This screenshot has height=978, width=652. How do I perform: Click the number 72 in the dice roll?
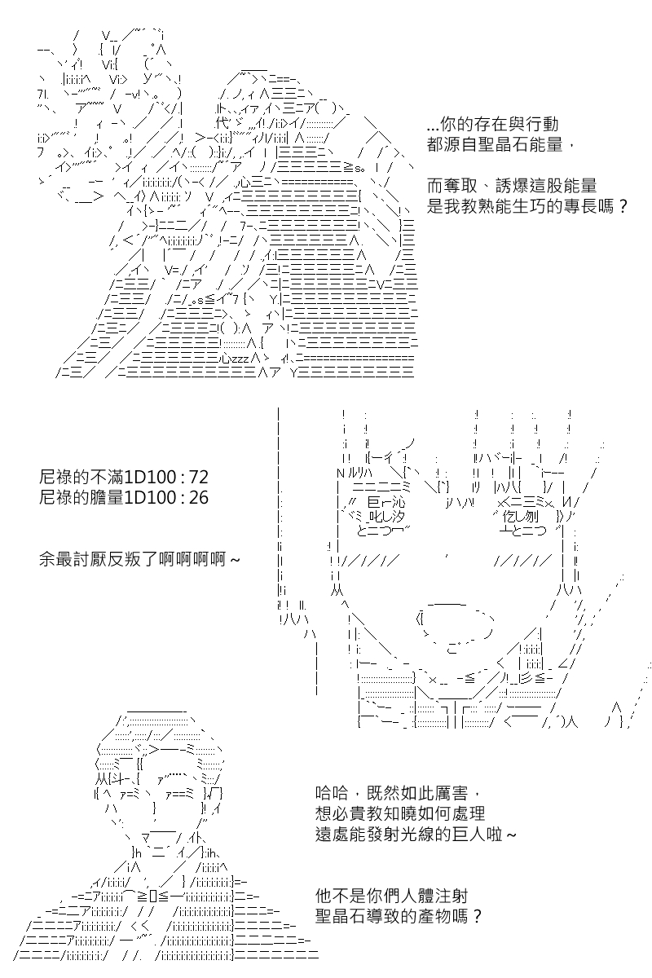coord(199,478)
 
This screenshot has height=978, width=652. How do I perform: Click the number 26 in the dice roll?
coord(199,497)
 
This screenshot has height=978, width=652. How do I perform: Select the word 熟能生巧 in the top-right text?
coord(511,205)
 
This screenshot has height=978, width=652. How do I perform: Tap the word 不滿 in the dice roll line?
coord(107,478)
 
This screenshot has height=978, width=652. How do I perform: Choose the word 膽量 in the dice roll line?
coord(107,497)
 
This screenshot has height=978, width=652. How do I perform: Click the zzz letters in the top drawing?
coord(240,359)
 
